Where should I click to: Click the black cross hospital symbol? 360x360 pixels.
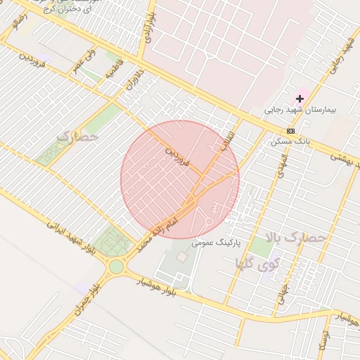pos(300,99)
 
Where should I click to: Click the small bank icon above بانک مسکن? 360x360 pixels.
pos(290,131)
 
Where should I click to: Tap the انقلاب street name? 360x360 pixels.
pos(230,140)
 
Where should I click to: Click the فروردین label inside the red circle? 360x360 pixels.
pos(178,156)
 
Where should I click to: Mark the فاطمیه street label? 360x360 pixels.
pos(114,71)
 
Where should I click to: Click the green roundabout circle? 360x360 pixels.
pos(116,267)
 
